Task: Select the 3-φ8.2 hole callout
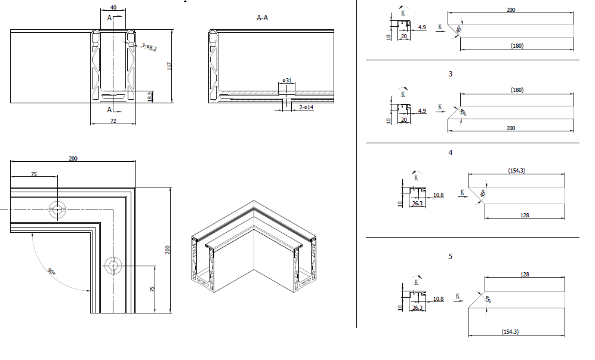[149, 47]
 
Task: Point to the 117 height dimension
[169, 66]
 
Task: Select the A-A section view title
[262, 18]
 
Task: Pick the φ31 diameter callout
[287, 80]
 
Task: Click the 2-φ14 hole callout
[306, 107]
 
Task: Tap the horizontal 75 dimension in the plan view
[33, 174]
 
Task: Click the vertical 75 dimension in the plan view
[152, 289]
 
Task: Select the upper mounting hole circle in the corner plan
[58, 209]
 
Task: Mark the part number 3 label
[451, 74]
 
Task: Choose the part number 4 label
[451, 153]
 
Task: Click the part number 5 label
[451, 256]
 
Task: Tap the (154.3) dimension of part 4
[516, 170]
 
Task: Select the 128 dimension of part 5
[525, 274]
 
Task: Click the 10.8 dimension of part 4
[438, 195]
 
